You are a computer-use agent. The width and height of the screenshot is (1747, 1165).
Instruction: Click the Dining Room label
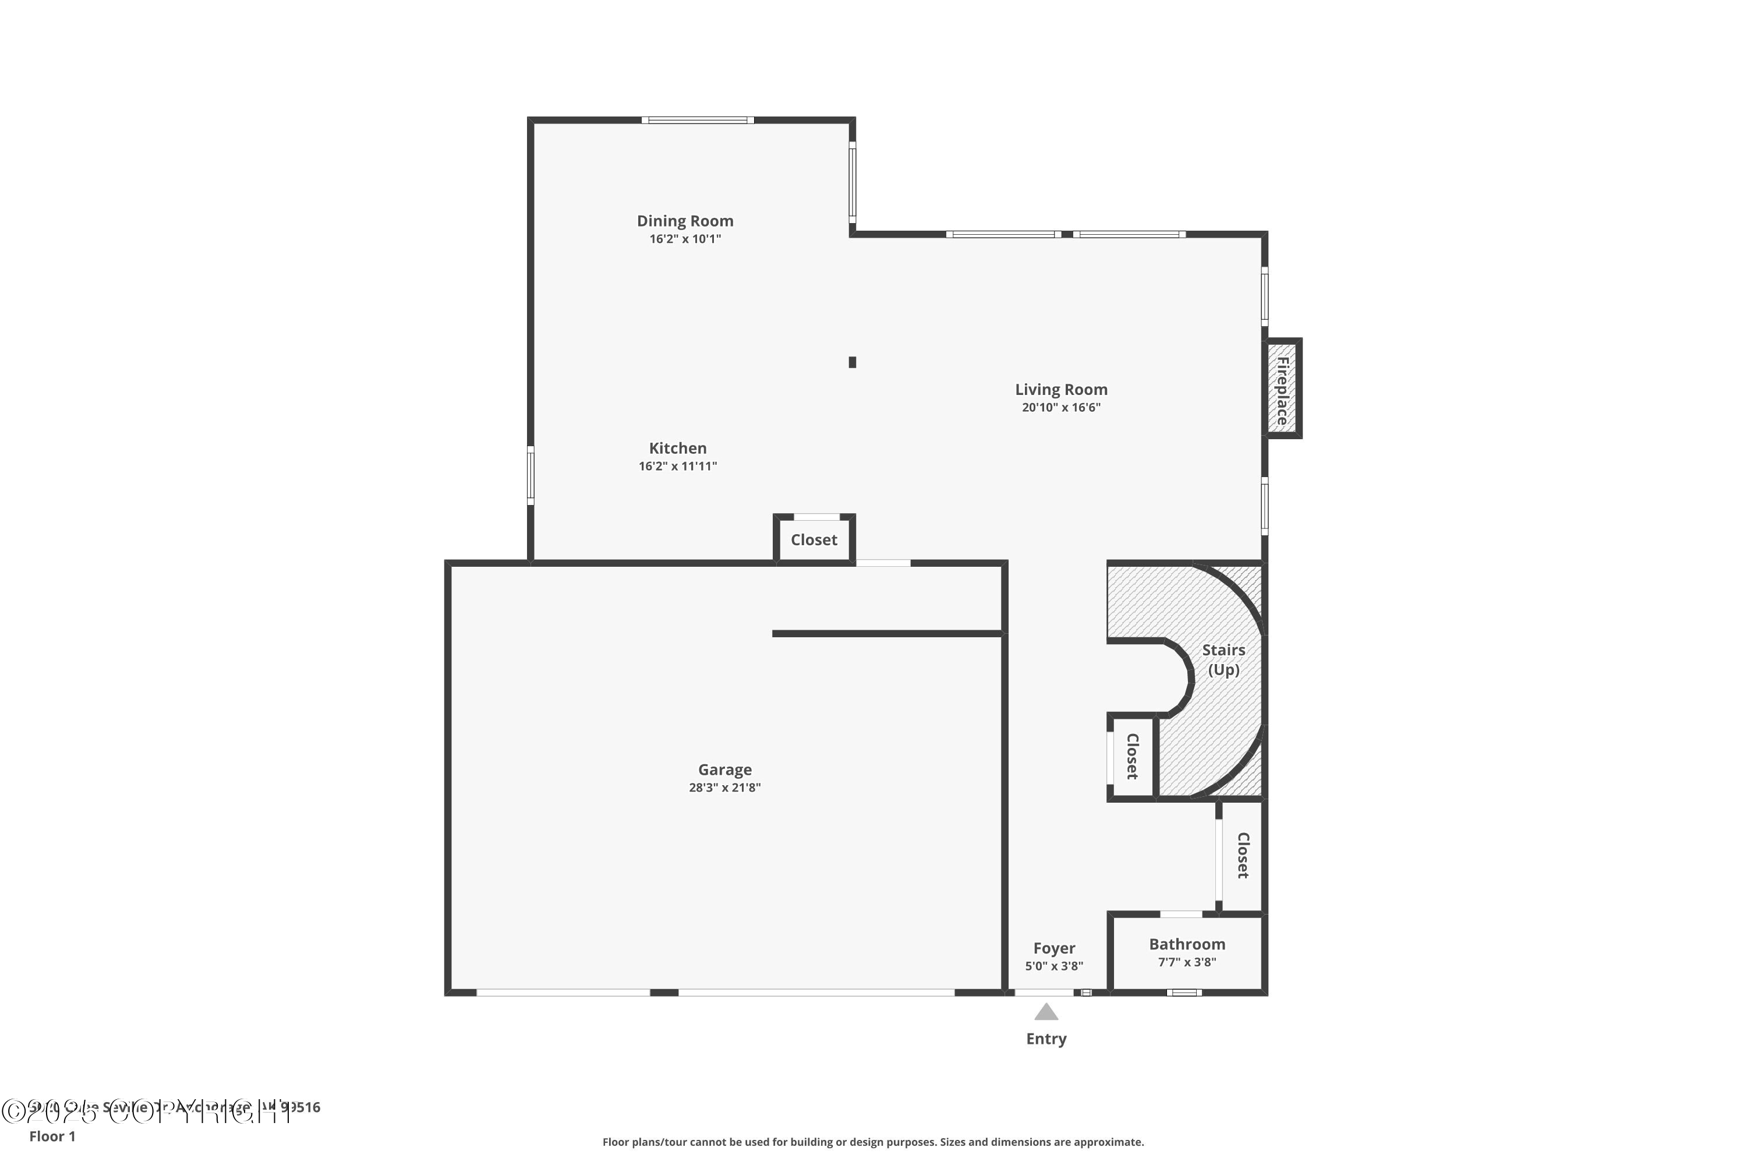(684, 221)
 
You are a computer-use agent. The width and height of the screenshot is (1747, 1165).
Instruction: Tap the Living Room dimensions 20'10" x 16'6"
(1060, 407)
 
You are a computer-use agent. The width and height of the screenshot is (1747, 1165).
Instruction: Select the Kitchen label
(677, 448)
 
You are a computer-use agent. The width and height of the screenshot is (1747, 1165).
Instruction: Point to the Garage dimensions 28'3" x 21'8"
(724, 788)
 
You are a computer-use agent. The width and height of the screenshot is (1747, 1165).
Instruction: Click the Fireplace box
(1282, 389)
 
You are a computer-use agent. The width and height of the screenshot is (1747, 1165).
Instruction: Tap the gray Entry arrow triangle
(1046, 1012)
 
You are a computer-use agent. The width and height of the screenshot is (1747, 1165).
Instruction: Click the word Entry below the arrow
(1046, 1039)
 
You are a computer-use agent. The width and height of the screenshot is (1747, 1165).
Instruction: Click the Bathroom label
(1186, 944)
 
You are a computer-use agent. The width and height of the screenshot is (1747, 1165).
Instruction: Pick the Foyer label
(1053, 948)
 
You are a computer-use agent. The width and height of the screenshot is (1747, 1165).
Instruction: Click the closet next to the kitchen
(814, 540)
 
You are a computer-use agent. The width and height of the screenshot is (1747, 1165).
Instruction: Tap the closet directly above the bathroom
(1242, 855)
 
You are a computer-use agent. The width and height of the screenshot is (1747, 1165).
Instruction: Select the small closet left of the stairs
(1131, 756)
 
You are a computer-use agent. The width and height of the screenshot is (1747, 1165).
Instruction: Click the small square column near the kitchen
(852, 362)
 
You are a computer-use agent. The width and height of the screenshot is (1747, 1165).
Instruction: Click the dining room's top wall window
(698, 119)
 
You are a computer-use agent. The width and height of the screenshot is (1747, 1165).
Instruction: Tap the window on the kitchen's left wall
(531, 475)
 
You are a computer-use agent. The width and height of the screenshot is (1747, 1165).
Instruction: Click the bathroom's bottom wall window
(1183, 993)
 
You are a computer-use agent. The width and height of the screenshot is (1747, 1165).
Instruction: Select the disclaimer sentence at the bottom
(873, 1142)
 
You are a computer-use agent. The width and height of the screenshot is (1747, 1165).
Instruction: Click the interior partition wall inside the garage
(887, 634)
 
